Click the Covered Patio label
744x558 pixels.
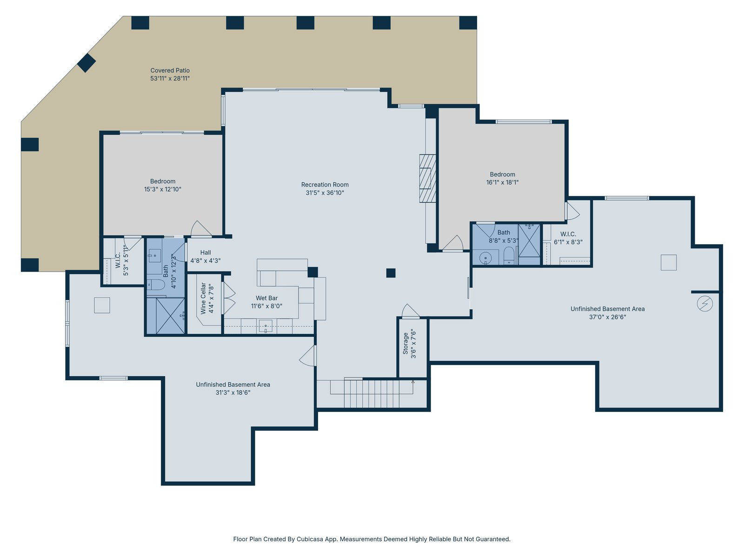tap(170, 71)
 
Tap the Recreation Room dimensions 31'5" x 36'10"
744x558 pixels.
tap(325, 193)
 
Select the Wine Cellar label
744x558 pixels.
tap(203, 299)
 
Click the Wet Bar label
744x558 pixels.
tap(266, 298)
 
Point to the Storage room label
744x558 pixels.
tap(405, 344)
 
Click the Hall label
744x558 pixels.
tap(206, 252)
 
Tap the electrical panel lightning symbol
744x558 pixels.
tap(704, 304)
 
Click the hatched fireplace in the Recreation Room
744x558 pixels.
tap(427, 179)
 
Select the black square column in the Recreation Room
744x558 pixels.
tap(391, 273)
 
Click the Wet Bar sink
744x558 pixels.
tap(266, 326)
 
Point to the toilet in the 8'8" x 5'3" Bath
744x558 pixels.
tap(509, 256)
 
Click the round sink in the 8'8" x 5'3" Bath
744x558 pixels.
tap(485, 258)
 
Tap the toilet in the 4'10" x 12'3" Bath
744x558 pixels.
tap(156, 284)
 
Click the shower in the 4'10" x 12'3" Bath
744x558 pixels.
tap(166, 316)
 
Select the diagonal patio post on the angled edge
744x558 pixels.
tap(86, 63)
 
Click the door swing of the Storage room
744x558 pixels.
tap(410, 311)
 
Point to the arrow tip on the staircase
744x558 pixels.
tap(413, 382)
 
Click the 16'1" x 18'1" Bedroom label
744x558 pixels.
tap(502, 174)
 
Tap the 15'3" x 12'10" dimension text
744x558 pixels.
tap(163, 189)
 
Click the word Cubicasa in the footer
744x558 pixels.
tap(310, 539)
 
